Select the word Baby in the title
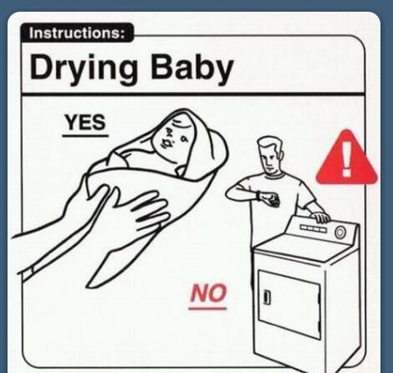click(x=192, y=69)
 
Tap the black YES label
click(x=85, y=122)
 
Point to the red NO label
click(x=208, y=293)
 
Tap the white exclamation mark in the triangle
click(x=346, y=159)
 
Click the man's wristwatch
click(x=258, y=195)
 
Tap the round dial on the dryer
click(x=339, y=232)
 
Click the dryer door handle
click(x=266, y=297)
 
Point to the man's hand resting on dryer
click(x=320, y=217)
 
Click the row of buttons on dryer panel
click(x=313, y=228)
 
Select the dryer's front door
click(x=288, y=304)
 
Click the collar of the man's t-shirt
click(x=275, y=176)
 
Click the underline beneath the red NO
click(x=207, y=309)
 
